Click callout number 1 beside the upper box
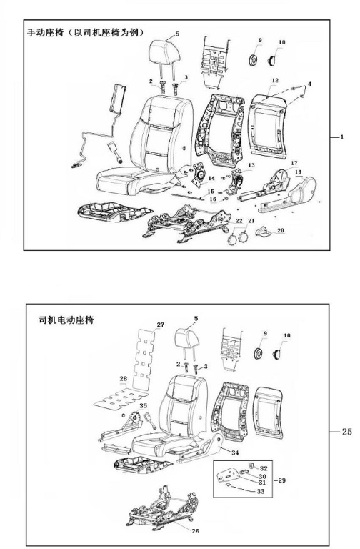tap(342, 137)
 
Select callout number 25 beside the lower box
tap(346, 431)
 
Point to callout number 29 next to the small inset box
tap(281, 480)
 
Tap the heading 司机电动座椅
tap(66, 320)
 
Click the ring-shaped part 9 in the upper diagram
tap(254, 60)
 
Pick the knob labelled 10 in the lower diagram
tap(277, 354)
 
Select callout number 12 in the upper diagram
tap(275, 80)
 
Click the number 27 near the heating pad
tap(160, 325)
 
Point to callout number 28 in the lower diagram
tap(123, 378)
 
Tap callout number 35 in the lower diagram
tap(143, 406)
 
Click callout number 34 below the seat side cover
tap(235, 452)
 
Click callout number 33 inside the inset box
tap(260, 491)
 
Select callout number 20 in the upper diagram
tap(281, 231)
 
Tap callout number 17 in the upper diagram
tap(294, 163)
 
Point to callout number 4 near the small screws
tap(309, 84)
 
